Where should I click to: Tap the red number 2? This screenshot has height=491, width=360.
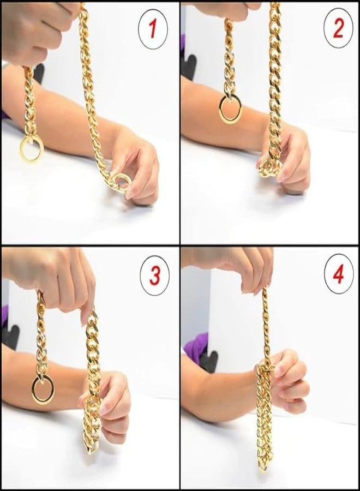338,29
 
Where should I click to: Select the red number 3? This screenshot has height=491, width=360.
155,276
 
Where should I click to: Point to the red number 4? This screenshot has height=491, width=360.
338,275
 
